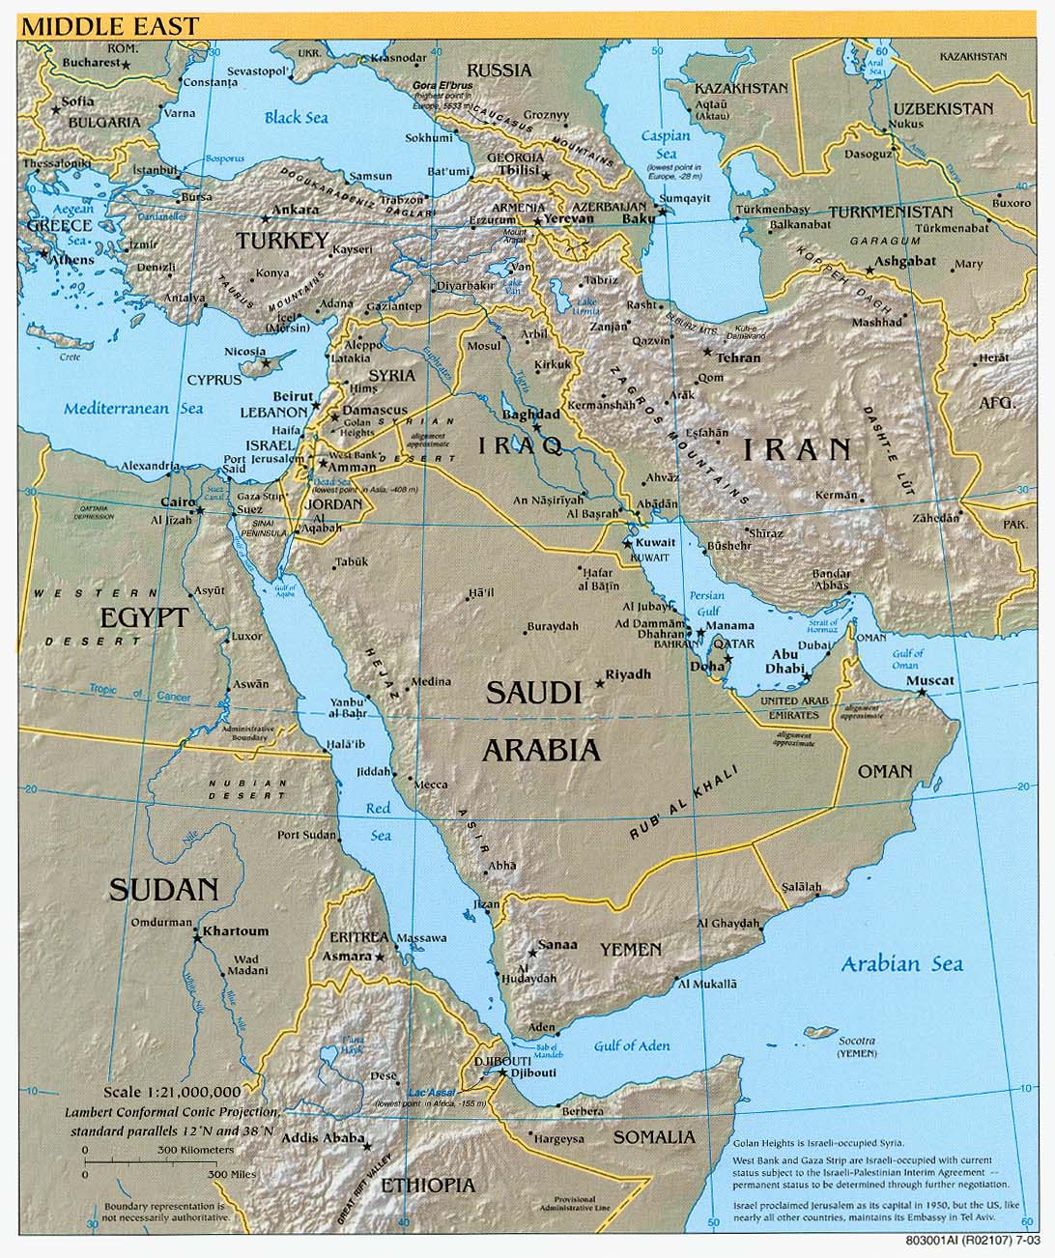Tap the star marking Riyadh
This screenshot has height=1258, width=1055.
click(600, 683)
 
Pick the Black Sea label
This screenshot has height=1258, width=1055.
click(297, 118)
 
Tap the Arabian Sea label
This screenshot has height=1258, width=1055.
click(901, 963)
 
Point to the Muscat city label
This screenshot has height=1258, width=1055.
click(929, 680)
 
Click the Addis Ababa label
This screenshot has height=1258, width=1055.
click(315, 1138)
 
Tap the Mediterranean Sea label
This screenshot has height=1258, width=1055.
click(134, 409)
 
